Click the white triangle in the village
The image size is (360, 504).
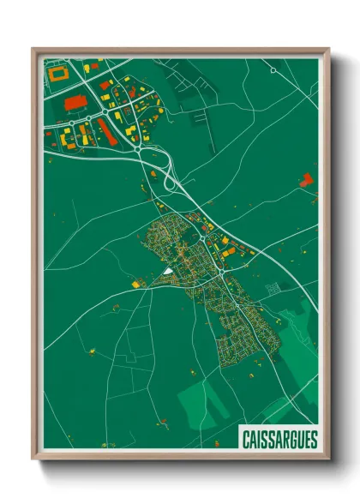coord(169,271)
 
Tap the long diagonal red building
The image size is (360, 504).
coord(107,130)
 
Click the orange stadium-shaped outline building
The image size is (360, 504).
coord(59,75)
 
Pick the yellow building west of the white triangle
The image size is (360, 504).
coord(135,282)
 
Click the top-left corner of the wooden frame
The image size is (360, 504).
coord(33,49)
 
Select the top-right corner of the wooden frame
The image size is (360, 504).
coord(328,49)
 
